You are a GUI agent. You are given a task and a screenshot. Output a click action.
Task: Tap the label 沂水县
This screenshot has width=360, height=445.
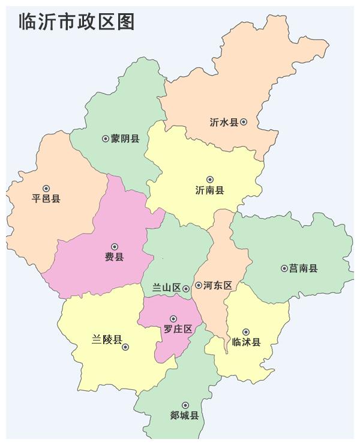tap(224, 122)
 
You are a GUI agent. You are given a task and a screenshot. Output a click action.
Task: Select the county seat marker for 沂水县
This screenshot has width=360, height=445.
tap(244, 122)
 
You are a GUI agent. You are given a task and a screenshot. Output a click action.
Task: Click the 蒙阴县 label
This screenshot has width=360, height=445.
tap(125, 139)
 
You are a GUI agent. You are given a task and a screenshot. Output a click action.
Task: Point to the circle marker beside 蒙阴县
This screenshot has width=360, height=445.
tap(106, 139)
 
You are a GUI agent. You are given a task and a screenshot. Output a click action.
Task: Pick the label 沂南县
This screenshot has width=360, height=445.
tap(209, 190)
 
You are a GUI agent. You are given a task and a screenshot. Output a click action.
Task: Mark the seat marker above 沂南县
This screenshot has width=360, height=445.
tap(210, 179)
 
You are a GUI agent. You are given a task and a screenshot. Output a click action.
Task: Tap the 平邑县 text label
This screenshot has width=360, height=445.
tap(46, 199)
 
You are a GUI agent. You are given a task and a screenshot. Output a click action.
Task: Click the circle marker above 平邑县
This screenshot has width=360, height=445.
tap(46, 188)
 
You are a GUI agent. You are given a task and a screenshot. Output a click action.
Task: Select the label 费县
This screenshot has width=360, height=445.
tap(114, 257)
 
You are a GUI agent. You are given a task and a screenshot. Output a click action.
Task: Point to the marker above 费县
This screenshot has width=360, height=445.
tap(115, 246)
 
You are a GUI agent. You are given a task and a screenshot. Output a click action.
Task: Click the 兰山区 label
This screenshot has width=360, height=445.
tap(166, 288)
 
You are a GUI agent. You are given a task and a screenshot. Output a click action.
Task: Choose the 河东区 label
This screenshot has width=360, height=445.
tap(218, 286)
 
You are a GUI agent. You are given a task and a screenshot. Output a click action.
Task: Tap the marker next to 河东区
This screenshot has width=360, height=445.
tap(199, 286)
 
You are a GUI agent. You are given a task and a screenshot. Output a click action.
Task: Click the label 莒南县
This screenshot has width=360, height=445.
tap(303, 268)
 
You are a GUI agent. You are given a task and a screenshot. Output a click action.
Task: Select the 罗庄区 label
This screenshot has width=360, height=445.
tap(178, 329)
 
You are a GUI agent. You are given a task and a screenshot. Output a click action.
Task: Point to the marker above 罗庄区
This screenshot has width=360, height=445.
tap(173, 319)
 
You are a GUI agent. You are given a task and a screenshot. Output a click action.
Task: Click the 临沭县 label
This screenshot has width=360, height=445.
tap(246, 342)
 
